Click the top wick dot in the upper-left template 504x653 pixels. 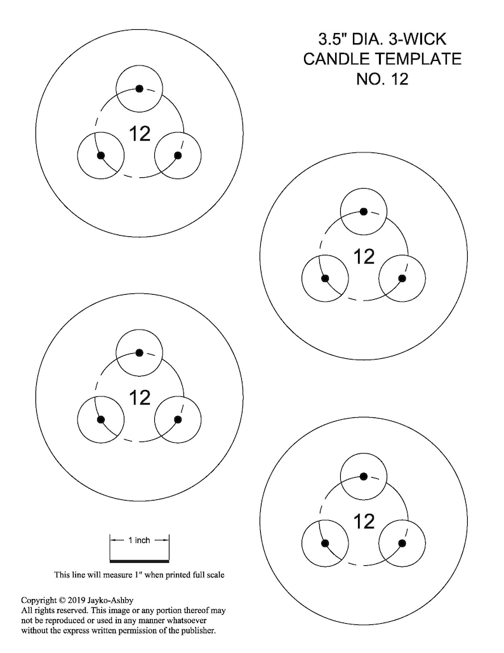140,88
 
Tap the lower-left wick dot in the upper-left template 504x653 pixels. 101,156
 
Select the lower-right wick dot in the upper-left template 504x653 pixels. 178,156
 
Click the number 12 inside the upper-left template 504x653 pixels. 140,133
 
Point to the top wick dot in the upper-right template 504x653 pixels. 363,212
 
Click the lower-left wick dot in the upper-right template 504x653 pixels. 325,278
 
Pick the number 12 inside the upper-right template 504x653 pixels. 364,257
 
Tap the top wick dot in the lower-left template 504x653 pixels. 140,353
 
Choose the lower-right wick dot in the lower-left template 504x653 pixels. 178,419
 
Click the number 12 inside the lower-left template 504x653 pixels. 140,398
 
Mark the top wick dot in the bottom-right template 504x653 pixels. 363,476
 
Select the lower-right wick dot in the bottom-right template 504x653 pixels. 402,543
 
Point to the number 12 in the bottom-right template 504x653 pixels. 364,522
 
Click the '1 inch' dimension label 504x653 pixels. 139,540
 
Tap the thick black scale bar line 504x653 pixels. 140,560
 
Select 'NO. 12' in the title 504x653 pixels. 382,79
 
